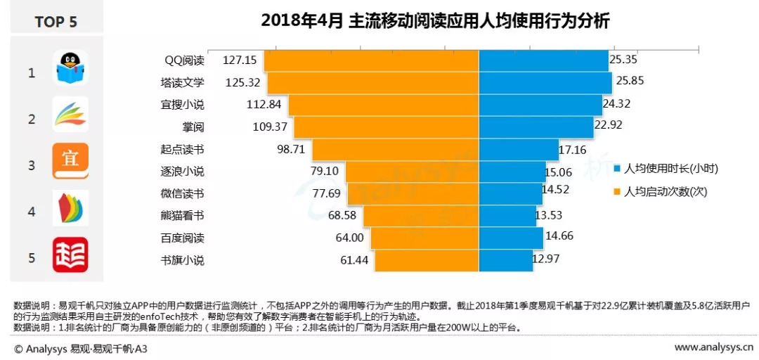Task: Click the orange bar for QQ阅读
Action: coord(371,61)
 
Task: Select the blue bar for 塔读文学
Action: coord(545,82)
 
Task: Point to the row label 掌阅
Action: coord(193,127)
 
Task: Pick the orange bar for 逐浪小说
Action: coord(412,172)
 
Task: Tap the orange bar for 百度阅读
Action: coord(424,238)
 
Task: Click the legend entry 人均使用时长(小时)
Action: coord(665,169)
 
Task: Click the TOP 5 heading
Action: coord(56,22)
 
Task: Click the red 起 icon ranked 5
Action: coord(70,255)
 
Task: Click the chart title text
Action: coord(435,21)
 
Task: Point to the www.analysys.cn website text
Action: coord(715,347)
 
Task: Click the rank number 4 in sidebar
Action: coord(32,211)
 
